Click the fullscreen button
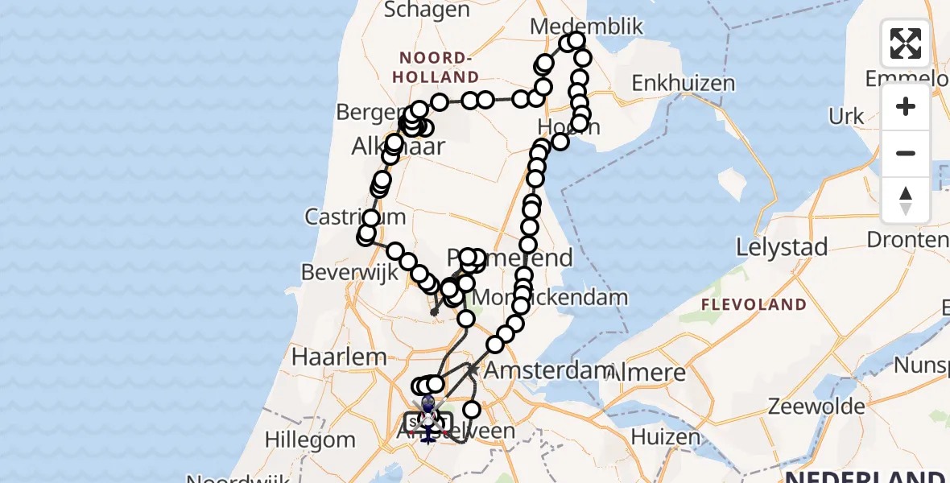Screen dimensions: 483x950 click(906, 43)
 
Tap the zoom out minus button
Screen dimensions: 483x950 click(906, 153)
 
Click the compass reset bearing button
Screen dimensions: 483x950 click(906, 200)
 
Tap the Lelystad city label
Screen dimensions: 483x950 click(782, 247)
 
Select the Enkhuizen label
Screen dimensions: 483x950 click(683, 84)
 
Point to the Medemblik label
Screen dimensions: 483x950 click(587, 27)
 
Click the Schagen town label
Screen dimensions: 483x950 click(427, 10)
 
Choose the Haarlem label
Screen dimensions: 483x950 click(328, 356)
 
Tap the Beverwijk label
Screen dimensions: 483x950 click(350, 272)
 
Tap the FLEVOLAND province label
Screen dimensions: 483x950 click(754, 305)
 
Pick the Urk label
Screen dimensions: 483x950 click(846, 117)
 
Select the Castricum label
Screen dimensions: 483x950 click(343, 217)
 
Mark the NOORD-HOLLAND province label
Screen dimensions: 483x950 click(438, 68)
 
